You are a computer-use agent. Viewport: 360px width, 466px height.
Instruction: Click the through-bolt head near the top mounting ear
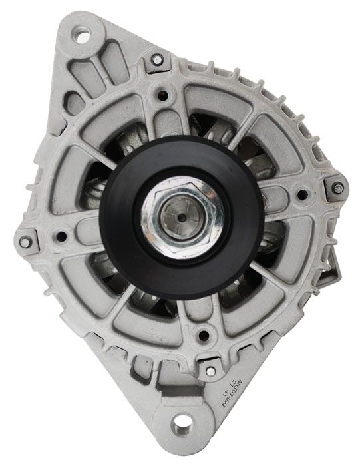pos(157,61)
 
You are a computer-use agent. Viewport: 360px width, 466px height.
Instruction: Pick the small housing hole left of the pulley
pos(61,236)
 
